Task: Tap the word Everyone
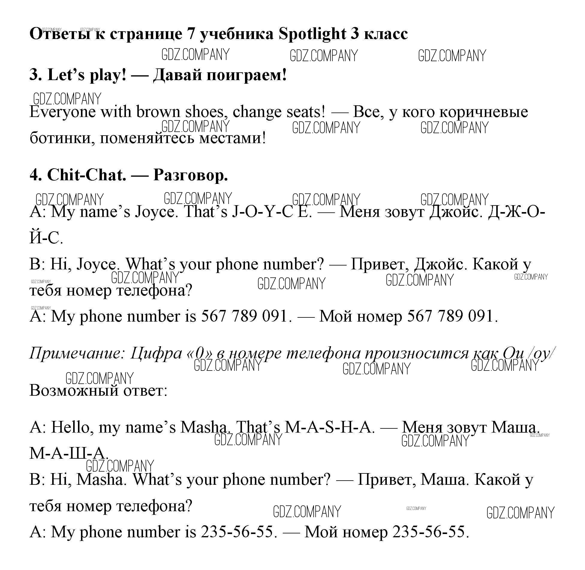coord(63,112)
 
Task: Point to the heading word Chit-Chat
coord(87,175)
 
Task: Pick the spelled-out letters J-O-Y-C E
coord(272,212)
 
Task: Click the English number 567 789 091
coord(244,316)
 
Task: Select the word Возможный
coord(74,391)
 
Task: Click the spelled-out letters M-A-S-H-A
coord(329,427)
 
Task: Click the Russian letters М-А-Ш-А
coord(69,453)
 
